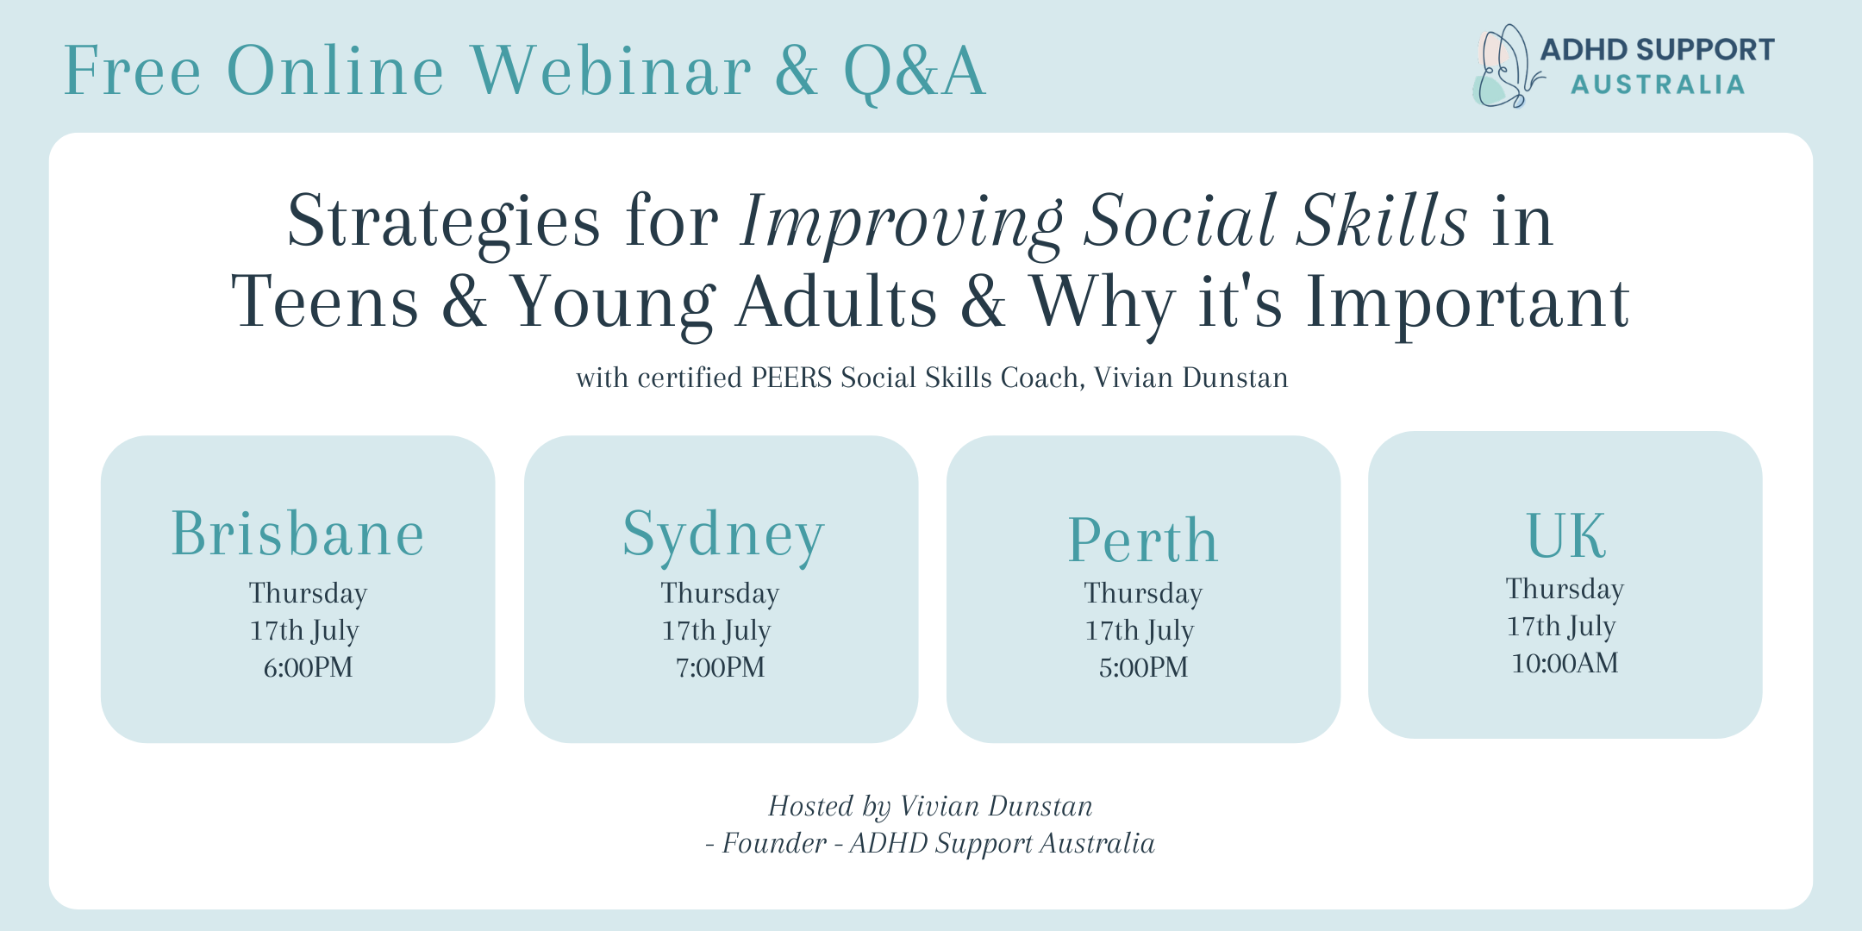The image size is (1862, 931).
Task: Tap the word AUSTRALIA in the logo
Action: pos(1658,84)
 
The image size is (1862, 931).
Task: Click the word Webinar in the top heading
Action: pos(611,71)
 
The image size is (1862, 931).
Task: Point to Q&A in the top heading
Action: pos(915,71)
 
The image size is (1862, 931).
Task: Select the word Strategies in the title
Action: pos(444,222)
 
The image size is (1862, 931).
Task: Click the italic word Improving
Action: pos(902,222)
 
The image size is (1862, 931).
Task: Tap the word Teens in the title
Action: pos(325,303)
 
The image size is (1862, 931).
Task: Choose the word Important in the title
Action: pos(1467,303)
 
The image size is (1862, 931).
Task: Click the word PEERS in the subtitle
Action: pos(791,378)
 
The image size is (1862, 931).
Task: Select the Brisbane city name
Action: pos(298,534)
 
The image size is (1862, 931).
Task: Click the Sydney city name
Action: pos(723,536)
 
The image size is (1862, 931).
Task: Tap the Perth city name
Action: pos(1143,540)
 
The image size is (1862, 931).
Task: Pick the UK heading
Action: pos(1565,535)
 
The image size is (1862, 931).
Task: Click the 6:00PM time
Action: pos(308,667)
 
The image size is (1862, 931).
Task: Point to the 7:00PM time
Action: pos(721,667)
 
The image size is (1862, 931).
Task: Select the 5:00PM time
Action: pos(1143,667)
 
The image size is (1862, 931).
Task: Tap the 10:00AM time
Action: pos(1565,663)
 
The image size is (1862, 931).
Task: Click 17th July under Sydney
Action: pos(716,631)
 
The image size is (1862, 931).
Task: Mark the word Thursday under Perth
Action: pos(1143,593)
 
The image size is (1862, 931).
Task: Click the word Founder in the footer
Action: pos(774,843)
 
